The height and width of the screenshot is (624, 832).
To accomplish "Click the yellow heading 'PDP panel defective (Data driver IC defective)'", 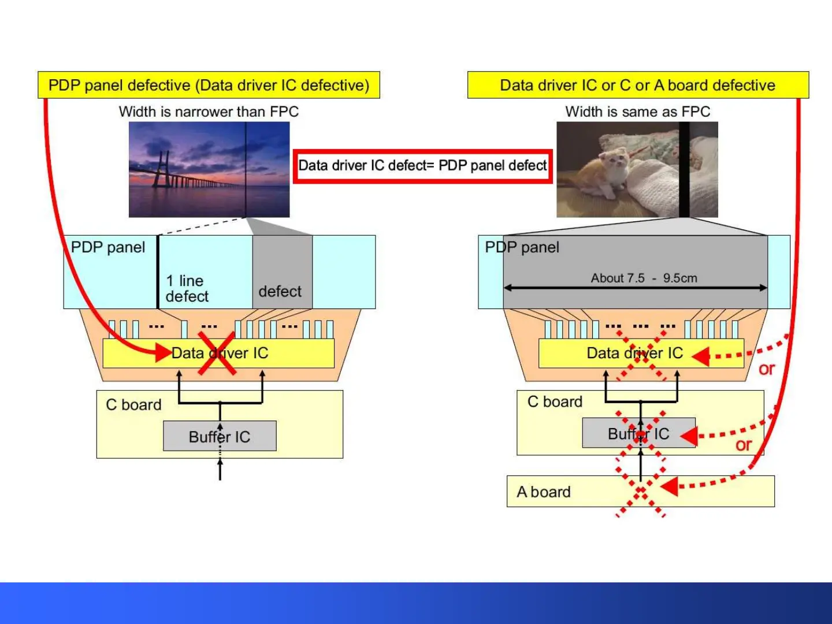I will click(209, 85).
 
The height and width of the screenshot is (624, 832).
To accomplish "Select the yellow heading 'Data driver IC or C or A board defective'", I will click(637, 85).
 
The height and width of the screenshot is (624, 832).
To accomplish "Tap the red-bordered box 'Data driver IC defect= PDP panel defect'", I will click(422, 166).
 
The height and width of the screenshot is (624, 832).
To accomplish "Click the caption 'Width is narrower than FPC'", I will click(209, 112).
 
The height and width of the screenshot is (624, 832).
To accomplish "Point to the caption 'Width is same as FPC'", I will click(637, 112).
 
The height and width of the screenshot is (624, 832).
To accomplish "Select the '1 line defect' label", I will click(187, 288).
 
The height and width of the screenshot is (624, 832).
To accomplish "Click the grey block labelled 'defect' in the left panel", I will click(282, 272).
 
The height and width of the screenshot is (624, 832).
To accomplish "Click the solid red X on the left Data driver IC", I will click(217, 353).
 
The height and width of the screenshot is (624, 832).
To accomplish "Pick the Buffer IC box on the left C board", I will click(220, 436).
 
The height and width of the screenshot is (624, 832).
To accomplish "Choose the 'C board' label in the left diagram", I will click(133, 405).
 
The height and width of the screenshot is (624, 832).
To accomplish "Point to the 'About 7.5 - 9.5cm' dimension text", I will click(644, 278).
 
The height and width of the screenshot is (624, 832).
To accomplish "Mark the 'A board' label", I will click(544, 492).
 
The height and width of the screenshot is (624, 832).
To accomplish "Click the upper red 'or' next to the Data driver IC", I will click(767, 369).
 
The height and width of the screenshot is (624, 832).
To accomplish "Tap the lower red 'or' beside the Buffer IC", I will click(744, 445).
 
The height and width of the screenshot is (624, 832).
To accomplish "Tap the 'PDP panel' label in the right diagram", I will click(522, 247).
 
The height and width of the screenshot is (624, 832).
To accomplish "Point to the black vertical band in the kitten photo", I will click(684, 169).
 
